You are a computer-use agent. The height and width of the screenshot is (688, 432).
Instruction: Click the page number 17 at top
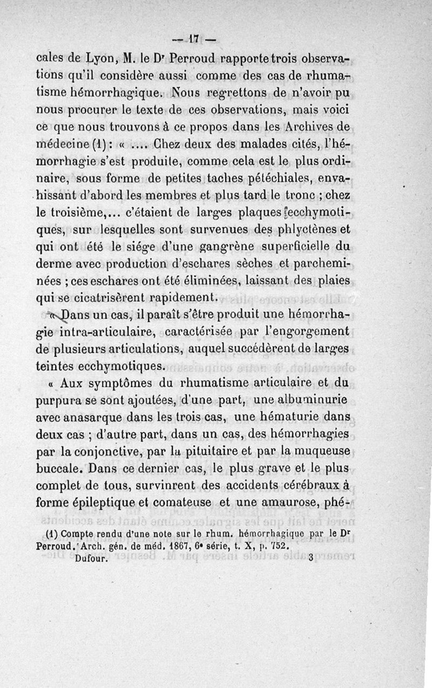click(x=194, y=39)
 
